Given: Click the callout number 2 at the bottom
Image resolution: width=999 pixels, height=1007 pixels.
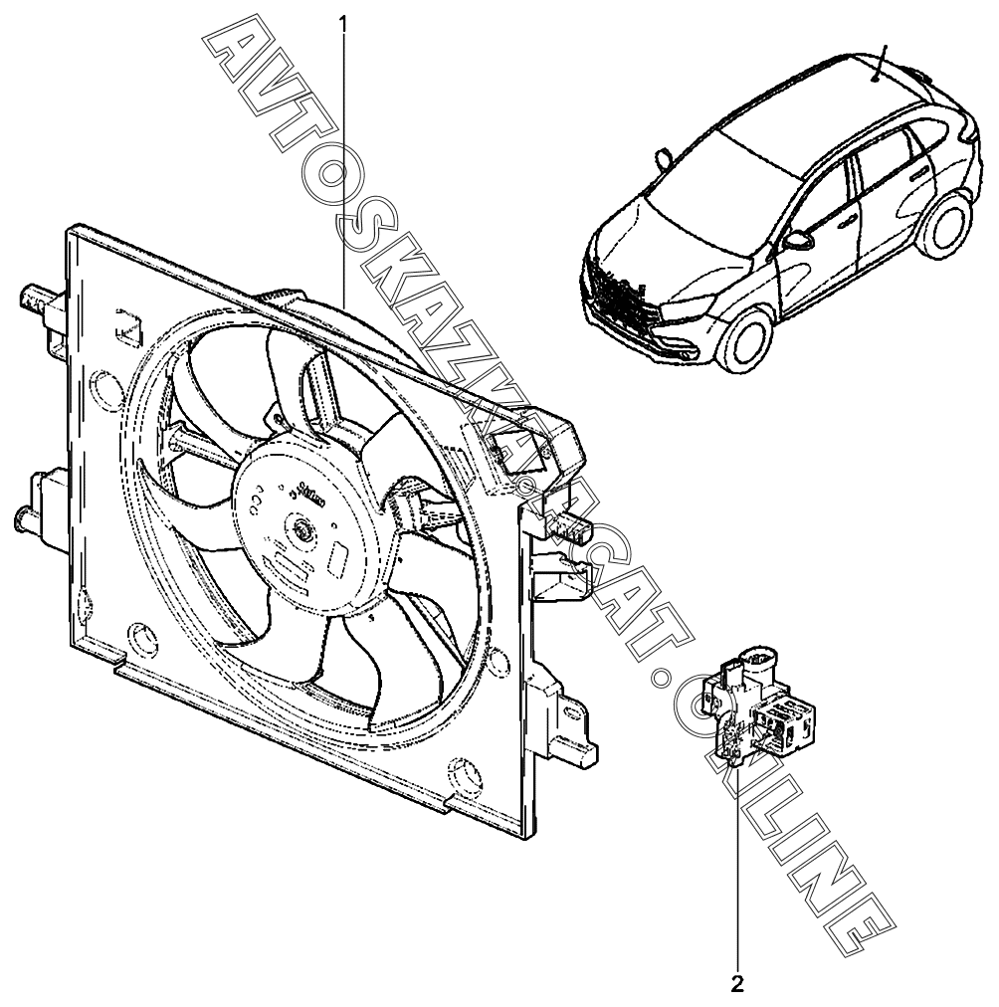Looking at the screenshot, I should pyautogui.click(x=737, y=986).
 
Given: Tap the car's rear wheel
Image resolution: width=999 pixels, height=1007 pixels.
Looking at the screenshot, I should pyautogui.click(x=945, y=225).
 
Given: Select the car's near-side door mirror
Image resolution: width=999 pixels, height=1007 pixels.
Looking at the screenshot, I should pyautogui.click(x=798, y=240).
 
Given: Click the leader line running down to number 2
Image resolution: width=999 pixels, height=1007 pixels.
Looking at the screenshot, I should pyautogui.click(x=737, y=876).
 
